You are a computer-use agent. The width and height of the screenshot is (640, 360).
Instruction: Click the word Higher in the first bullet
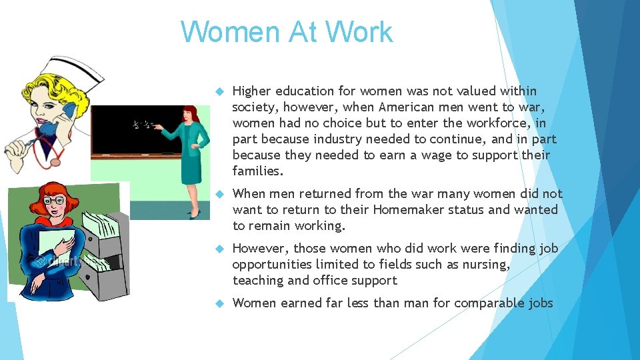click(x=251, y=91)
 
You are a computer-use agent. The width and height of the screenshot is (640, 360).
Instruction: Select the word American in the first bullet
click(x=405, y=107)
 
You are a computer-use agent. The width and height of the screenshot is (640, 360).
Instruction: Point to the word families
click(x=257, y=171)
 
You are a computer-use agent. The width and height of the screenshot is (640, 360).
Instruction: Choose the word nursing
click(x=486, y=265)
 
